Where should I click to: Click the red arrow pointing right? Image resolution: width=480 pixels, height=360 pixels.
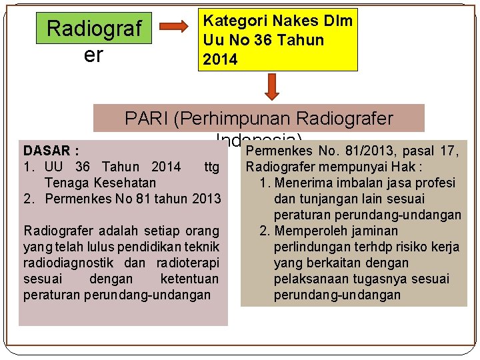tap(176, 27)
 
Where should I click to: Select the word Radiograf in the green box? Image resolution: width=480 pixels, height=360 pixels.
tap(95, 29)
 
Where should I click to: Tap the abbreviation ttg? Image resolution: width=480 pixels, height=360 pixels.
tap(212, 167)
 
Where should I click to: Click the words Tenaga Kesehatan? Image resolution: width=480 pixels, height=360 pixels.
tap(100, 182)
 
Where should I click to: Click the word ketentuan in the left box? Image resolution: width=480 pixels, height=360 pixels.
tap(189, 279)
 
